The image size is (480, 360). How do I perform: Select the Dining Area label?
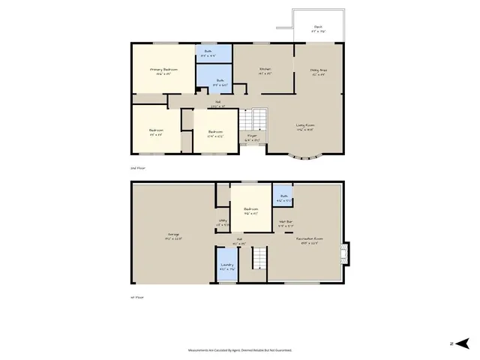tap(318, 71)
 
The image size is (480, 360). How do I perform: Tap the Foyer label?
tap(253, 137)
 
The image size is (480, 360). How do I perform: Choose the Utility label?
tap(223, 223)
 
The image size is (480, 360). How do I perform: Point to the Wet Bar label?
tap(286, 223)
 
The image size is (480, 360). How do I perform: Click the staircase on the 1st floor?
tap(259, 259)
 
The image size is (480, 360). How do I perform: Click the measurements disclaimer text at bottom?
tap(240, 349)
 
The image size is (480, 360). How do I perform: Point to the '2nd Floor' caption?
tap(138, 169)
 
